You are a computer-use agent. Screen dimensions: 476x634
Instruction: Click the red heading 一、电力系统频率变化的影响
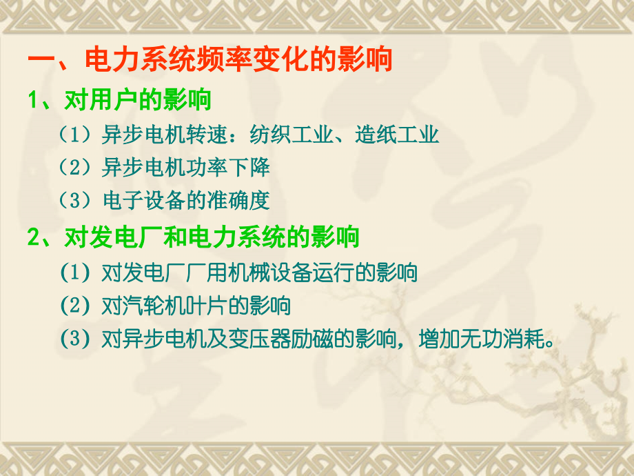click(x=209, y=60)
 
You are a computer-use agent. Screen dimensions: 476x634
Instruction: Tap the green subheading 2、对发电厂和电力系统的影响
click(x=194, y=238)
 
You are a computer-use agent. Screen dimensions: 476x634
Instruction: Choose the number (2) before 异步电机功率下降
click(x=76, y=168)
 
